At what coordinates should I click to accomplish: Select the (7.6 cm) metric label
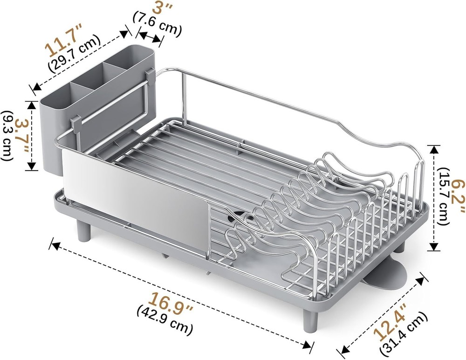pos(157,24)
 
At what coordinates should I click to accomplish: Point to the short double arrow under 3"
pos(151,36)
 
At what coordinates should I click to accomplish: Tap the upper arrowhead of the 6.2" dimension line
pos(434,149)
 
